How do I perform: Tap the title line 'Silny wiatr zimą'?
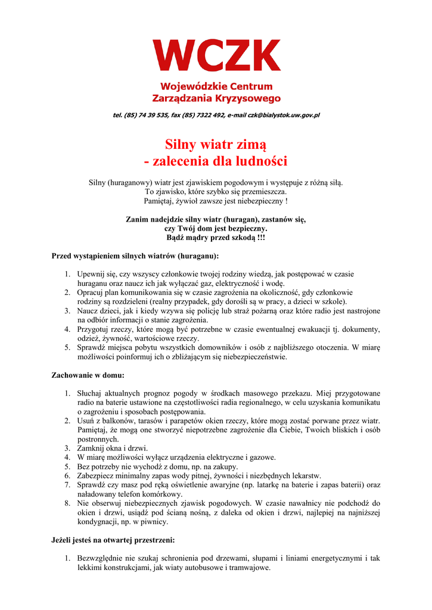(216, 144)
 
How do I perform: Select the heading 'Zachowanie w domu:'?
(88, 375)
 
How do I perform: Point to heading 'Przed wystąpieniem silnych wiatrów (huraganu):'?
(135, 256)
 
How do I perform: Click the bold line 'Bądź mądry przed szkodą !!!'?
(216, 237)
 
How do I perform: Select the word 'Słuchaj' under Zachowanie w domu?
(91, 394)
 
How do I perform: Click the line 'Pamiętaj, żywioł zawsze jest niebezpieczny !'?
(216, 201)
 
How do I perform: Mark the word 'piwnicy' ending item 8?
(156, 522)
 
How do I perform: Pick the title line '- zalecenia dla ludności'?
(216, 161)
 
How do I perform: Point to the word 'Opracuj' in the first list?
(92, 292)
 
